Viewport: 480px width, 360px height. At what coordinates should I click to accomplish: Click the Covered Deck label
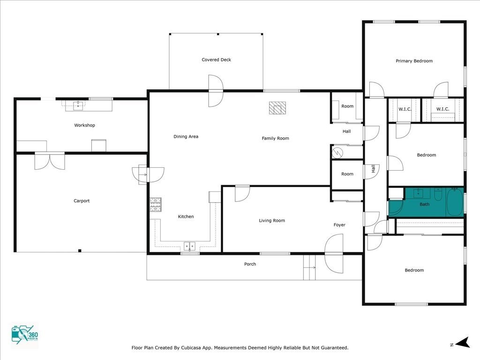click(x=216, y=60)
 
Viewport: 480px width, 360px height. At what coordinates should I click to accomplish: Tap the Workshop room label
click(x=84, y=125)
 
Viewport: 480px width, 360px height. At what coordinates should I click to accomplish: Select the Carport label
click(x=82, y=201)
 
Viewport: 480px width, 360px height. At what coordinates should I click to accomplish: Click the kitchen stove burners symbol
click(x=156, y=204)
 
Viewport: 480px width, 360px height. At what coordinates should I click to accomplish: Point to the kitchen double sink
click(x=189, y=246)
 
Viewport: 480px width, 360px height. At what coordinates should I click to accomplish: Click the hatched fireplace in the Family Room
click(x=277, y=108)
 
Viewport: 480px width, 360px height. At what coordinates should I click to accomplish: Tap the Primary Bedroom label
click(x=414, y=61)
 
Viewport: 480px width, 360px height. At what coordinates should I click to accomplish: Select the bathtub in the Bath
click(x=455, y=202)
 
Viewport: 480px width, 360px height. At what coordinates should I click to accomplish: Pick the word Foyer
click(x=339, y=225)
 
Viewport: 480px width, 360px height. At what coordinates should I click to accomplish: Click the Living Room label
click(x=272, y=220)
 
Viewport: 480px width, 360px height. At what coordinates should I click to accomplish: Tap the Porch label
click(x=250, y=264)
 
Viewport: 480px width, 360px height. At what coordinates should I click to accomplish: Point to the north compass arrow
click(x=462, y=343)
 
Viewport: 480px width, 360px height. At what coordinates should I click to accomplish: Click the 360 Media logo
click(x=25, y=335)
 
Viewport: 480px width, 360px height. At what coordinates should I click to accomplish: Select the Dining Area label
click(x=186, y=136)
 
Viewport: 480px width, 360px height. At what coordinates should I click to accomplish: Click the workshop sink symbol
click(x=78, y=106)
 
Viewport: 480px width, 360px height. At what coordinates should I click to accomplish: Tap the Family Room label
click(x=275, y=138)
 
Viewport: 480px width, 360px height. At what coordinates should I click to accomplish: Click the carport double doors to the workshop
click(x=50, y=161)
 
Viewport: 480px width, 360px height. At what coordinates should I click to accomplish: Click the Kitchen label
click(x=186, y=217)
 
